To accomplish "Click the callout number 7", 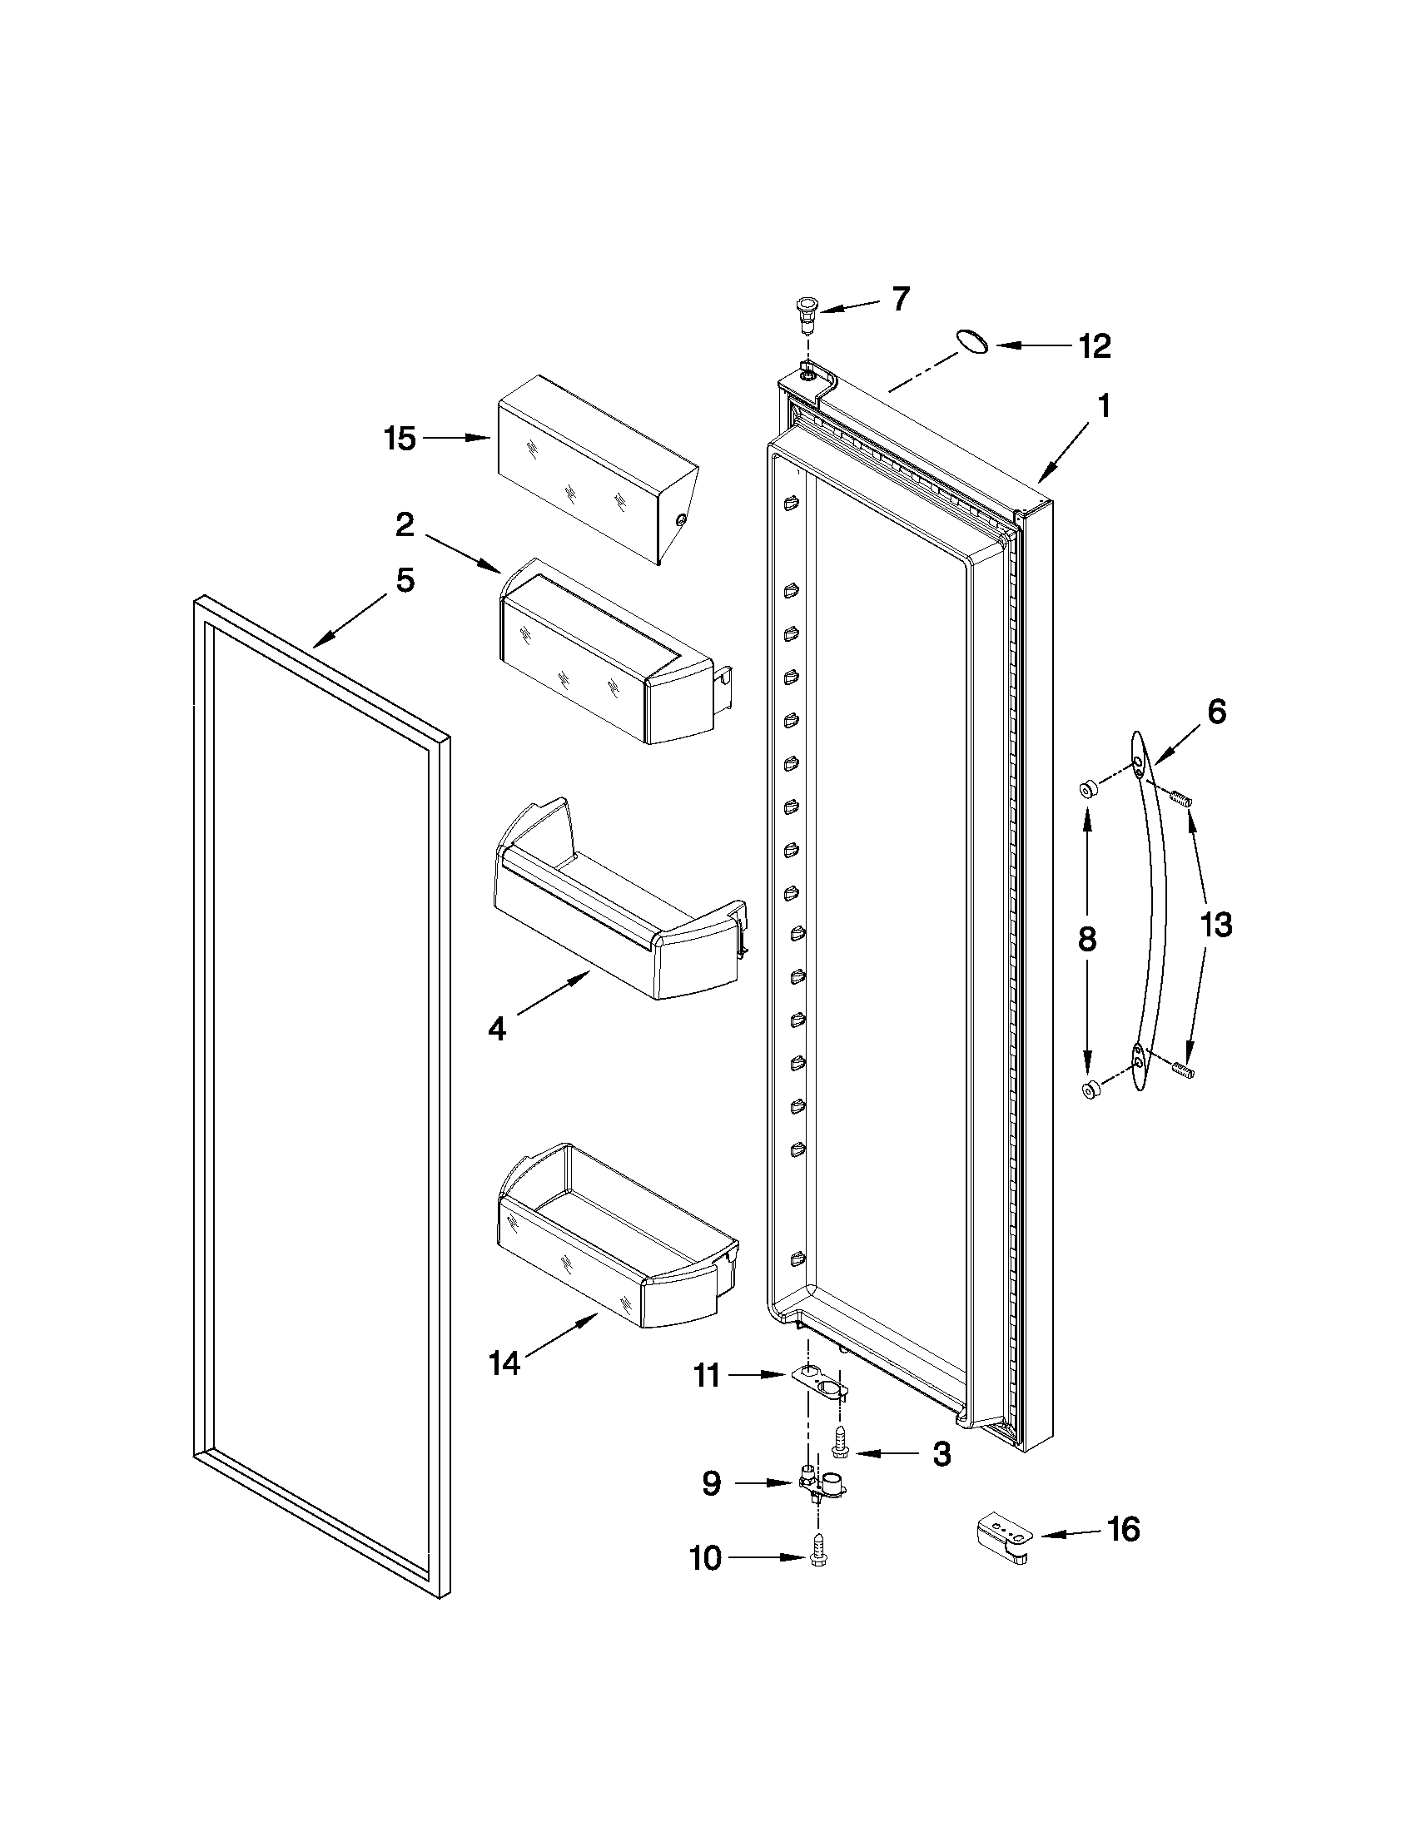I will tap(900, 300).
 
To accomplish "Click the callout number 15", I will tap(400, 439).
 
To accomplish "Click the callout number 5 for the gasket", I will tap(405, 580).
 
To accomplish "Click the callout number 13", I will tap(1216, 926).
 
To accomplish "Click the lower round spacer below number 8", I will tap(1091, 1090).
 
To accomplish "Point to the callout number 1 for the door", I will tap(1104, 408).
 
